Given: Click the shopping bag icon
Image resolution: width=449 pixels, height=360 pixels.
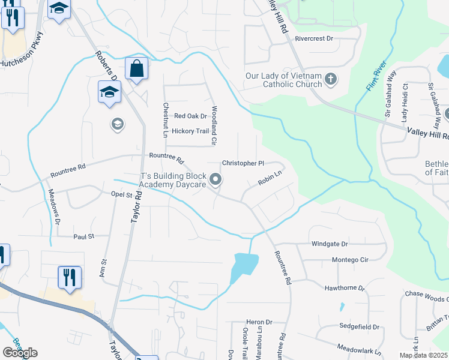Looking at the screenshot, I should (137, 69).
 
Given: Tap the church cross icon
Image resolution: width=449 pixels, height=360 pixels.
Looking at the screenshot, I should (330, 79).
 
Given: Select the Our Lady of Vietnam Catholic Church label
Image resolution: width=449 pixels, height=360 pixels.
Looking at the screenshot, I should (284, 80).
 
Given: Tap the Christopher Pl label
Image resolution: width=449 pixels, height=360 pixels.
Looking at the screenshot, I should (243, 163).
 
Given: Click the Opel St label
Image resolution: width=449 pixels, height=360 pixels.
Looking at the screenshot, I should (121, 194).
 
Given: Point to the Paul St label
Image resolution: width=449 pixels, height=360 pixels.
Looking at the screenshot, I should (84, 236).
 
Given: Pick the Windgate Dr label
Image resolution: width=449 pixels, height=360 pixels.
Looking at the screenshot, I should (330, 244).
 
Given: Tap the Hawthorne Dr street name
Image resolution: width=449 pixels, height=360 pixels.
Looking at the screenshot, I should (345, 288).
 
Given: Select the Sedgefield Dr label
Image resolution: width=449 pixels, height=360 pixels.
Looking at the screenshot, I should (360, 327).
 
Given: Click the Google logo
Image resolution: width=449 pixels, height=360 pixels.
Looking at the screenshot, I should (20, 353).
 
